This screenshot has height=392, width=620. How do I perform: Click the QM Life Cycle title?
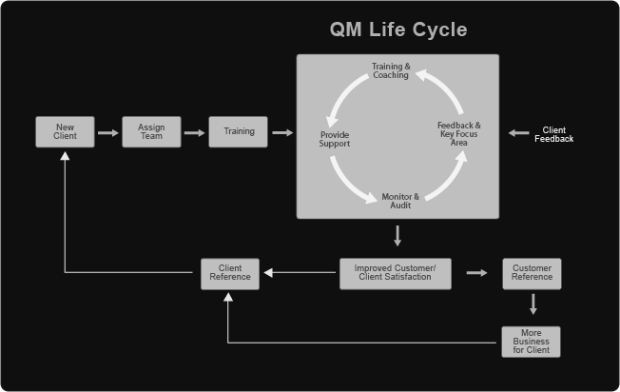(x=397, y=29)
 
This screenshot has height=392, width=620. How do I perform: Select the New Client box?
(x=65, y=132)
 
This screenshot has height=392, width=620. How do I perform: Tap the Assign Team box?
(x=151, y=132)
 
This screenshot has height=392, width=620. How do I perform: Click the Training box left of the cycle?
(x=239, y=132)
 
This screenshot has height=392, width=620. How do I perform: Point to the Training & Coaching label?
(x=391, y=71)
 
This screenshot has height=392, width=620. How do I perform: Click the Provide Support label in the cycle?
(x=335, y=140)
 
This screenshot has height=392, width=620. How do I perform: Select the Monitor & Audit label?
(x=400, y=201)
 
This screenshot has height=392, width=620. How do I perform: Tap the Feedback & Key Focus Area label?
(x=458, y=134)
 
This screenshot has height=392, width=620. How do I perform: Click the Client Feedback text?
(x=553, y=134)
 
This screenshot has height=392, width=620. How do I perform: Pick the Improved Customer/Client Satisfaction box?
(x=395, y=273)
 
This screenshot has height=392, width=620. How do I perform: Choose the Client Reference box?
(x=229, y=273)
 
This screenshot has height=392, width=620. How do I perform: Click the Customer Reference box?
(x=532, y=273)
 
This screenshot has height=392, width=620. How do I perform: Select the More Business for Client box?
(x=532, y=342)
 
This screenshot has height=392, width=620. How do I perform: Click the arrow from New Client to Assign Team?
(x=107, y=132)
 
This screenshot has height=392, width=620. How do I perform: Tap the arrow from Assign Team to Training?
(x=194, y=132)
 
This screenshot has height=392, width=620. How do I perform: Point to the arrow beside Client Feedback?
(x=518, y=133)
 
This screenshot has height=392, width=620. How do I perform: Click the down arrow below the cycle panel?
(x=397, y=235)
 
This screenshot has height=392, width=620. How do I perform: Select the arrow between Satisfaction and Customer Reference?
(x=476, y=273)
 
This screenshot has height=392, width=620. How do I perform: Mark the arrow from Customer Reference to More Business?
(x=533, y=304)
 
